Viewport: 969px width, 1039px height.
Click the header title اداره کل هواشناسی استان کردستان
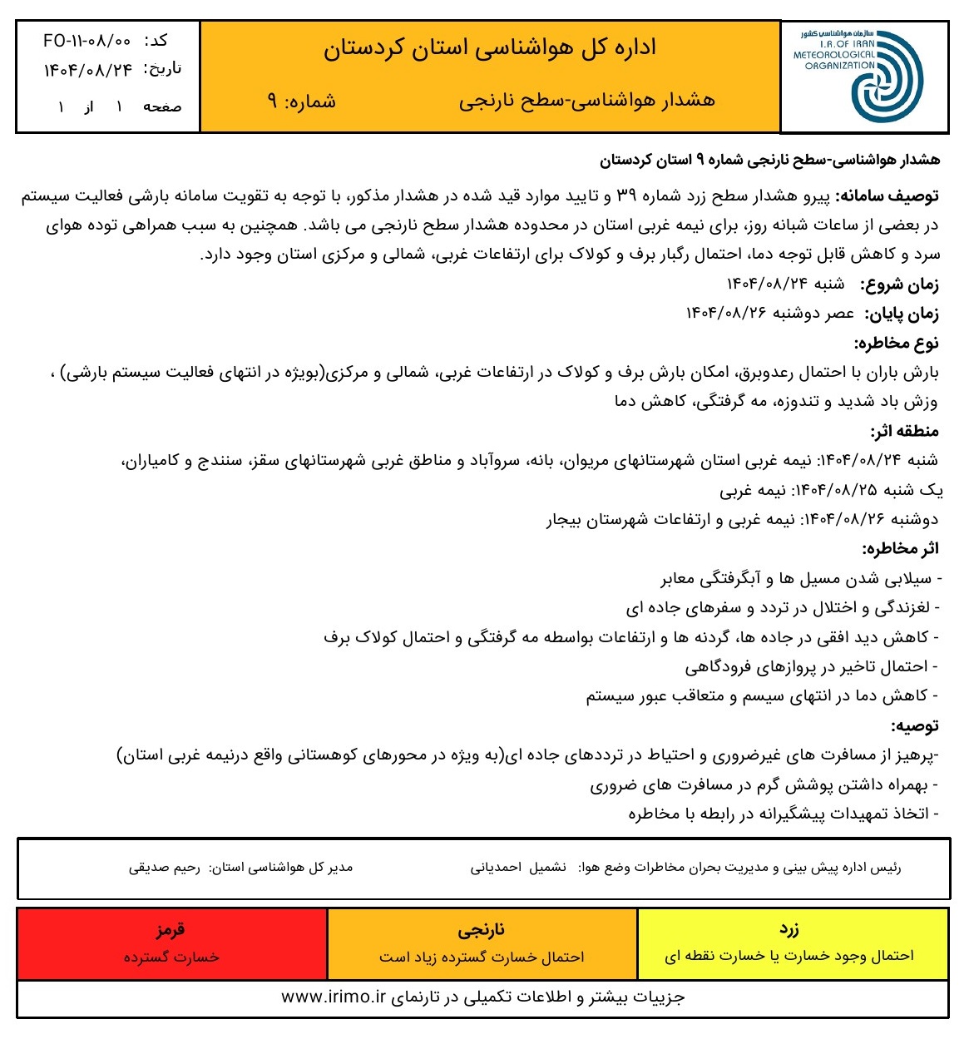pyautogui.click(x=490, y=47)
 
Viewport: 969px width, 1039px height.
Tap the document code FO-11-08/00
pyautogui.click(x=87, y=40)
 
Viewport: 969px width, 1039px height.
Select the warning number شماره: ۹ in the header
pyautogui.click(x=301, y=101)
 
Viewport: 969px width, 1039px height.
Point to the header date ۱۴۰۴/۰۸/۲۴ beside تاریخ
pyautogui.click(x=88, y=71)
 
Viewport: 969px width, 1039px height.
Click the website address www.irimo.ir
pyautogui.click(x=334, y=997)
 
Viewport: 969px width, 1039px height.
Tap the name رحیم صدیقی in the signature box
pyautogui.click(x=164, y=868)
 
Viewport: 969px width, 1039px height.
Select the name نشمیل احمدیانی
pyautogui.click(x=518, y=868)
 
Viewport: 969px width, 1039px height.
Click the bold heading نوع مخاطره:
pyautogui.click(x=896, y=343)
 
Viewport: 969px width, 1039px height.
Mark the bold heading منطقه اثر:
pyautogui.click(x=904, y=431)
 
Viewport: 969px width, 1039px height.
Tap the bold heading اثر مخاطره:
pyautogui.click(x=900, y=548)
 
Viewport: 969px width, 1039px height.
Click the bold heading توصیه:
pyautogui.click(x=915, y=725)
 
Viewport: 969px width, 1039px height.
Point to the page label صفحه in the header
pyautogui.click(x=162, y=107)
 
